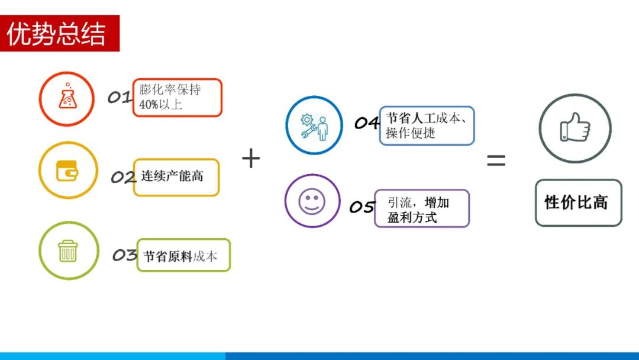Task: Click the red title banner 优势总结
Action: (60, 33)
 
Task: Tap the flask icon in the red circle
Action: (67, 97)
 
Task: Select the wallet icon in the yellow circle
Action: (67, 171)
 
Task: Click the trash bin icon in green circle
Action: (67, 250)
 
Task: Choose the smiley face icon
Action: (312, 201)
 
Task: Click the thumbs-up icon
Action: (575, 128)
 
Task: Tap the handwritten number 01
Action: (120, 97)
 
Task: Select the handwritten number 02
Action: (123, 177)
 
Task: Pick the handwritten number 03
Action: (125, 255)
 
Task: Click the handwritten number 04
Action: (367, 123)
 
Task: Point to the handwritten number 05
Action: (362, 207)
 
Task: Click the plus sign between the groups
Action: (251, 158)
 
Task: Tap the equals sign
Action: (496, 160)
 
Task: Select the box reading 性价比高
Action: (578, 202)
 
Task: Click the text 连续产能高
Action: (172, 176)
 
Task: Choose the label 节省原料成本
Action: (180, 256)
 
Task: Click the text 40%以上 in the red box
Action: (160, 104)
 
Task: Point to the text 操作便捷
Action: (411, 133)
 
